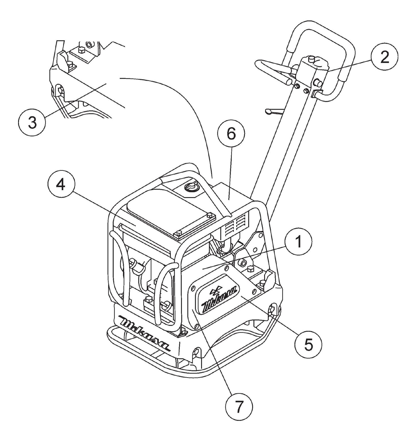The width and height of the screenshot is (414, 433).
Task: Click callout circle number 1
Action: [x=298, y=242]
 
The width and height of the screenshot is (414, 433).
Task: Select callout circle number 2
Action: [x=384, y=57]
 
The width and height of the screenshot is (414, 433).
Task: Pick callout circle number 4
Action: [x=60, y=185]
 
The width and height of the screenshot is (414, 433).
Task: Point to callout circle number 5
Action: [x=308, y=344]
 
